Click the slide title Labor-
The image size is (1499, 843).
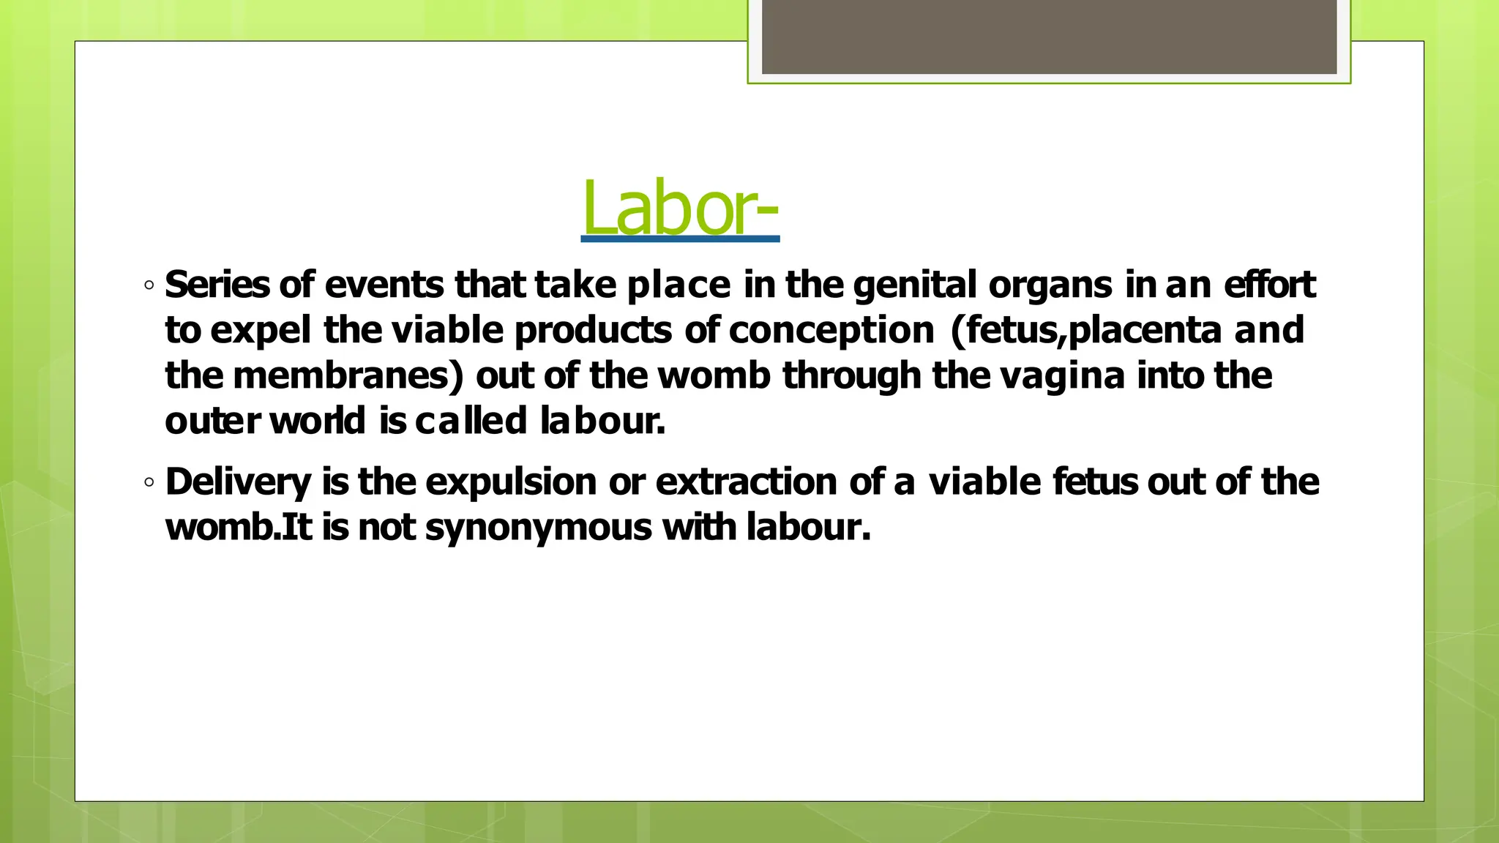(x=680, y=209)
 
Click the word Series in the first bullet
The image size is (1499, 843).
(x=217, y=285)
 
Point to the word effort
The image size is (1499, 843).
(x=1270, y=285)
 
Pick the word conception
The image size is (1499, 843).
(x=831, y=331)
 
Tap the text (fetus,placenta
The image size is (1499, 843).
(x=1086, y=331)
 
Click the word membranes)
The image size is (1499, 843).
(x=348, y=376)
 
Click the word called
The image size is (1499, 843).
(x=471, y=421)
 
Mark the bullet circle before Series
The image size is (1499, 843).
(x=149, y=285)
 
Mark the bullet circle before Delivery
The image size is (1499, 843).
(x=149, y=482)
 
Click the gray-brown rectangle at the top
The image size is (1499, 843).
(x=1049, y=37)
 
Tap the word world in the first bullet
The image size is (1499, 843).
(x=317, y=421)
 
